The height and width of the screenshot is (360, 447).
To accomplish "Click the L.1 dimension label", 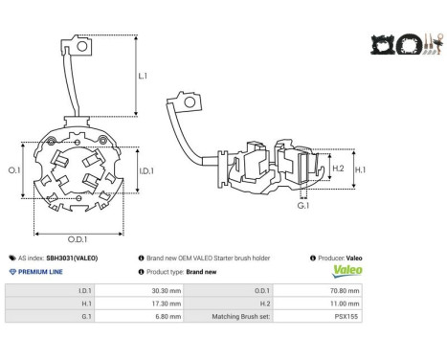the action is click(143, 76).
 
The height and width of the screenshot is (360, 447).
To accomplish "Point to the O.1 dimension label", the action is click(14, 170).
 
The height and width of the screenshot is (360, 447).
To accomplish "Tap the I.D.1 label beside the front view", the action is click(146, 171).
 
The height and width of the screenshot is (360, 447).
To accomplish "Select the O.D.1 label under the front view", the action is click(78, 239).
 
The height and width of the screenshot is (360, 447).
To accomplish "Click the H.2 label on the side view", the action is click(338, 169).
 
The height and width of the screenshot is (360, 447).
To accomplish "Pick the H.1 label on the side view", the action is click(360, 169).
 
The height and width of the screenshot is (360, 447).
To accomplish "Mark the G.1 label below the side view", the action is click(303, 206).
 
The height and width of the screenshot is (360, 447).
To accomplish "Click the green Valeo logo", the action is click(347, 271).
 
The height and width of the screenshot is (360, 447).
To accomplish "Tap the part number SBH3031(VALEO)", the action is click(72, 258).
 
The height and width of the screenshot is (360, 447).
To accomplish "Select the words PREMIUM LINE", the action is click(40, 272).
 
